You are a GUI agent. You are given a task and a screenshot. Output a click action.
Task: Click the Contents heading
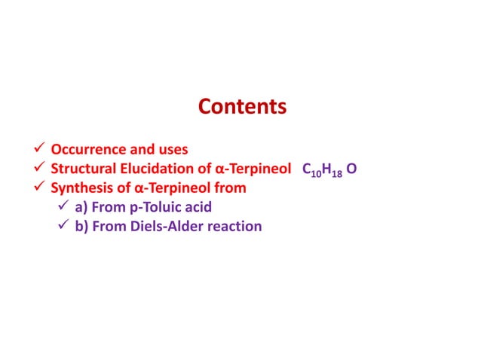pos(242,107)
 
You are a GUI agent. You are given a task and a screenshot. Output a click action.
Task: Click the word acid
pos(198,206)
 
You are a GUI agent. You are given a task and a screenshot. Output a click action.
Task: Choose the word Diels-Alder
pos(163,225)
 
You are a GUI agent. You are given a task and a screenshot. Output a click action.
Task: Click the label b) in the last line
pos(81,225)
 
